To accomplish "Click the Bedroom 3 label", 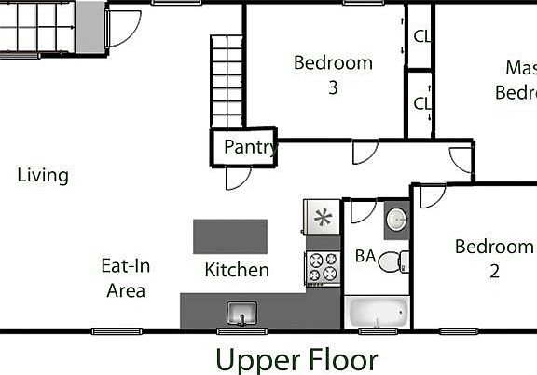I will pyautogui.click(x=333, y=75).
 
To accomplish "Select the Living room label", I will pyautogui.click(x=43, y=175).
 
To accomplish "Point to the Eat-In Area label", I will pyautogui.click(x=126, y=278).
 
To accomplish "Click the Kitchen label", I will pyautogui.click(x=237, y=270).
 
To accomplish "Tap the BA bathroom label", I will pyautogui.click(x=365, y=256).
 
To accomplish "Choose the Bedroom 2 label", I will pyautogui.click(x=493, y=259).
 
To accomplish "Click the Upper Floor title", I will pyautogui.click(x=296, y=359).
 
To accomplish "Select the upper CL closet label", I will pyautogui.click(x=421, y=36).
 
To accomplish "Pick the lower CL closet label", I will pyautogui.click(x=421, y=103).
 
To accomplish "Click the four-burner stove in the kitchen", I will pyautogui.click(x=323, y=267).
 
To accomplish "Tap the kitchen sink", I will pyautogui.click(x=241, y=314).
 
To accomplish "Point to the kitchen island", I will pyautogui.click(x=230, y=236).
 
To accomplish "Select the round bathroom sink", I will pyautogui.click(x=396, y=220).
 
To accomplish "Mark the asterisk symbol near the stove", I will pyautogui.click(x=323, y=218).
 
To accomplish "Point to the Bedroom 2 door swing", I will pyautogui.click(x=431, y=195).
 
